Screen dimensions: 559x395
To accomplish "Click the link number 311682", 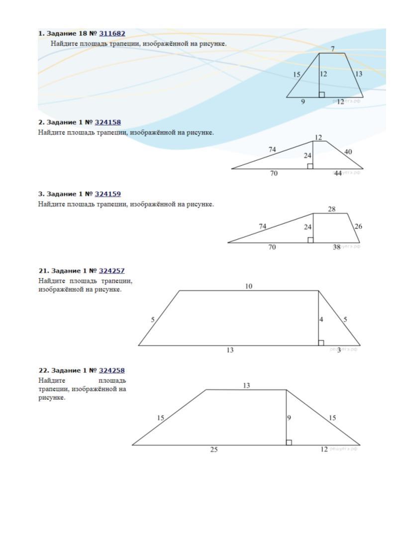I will click(x=112, y=33).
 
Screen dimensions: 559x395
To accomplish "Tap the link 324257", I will click(x=112, y=271).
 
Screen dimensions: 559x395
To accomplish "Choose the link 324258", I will click(x=112, y=370).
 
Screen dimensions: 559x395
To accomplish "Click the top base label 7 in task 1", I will click(x=333, y=48).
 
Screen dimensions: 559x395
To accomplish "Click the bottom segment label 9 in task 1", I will click(x=302, y=102).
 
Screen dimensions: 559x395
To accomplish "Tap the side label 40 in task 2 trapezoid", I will click(x=349, y=151).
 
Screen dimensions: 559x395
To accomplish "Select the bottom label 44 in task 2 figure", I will click(x=338, y=173).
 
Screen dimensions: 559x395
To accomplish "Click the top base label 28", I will click(x=332, y=209).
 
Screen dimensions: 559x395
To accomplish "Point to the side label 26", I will click(x=358, y=226).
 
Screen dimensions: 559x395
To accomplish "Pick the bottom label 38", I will click(x=336, y=247).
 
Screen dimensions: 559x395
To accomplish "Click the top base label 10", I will click(x=249, y=286).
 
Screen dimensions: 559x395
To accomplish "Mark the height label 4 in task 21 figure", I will click(x=321, y=319).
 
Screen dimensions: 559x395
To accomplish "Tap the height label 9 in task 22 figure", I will click(x=289, y=418).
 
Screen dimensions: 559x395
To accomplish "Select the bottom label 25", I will click(x=214, y=449).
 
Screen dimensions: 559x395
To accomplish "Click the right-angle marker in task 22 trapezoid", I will click(x=289, y=443).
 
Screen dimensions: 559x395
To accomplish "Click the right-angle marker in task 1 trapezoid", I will click(x=322, y=95).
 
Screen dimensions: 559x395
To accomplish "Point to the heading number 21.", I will click(x=42, y=271).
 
